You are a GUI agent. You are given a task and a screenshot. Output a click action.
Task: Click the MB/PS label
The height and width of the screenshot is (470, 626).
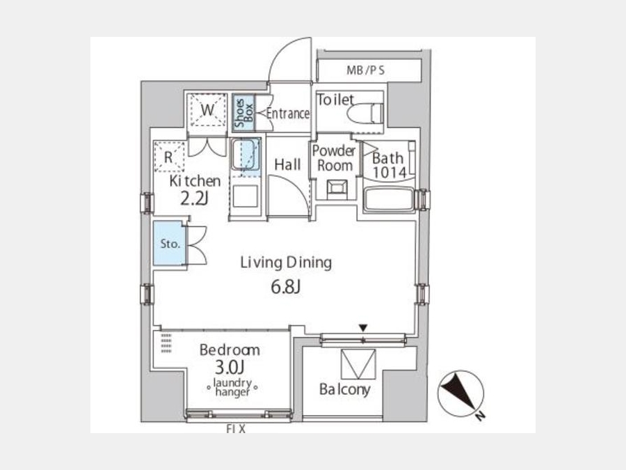pos(365,71)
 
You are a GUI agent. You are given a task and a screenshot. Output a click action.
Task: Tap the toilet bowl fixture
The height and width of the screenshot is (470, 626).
pos(365,113)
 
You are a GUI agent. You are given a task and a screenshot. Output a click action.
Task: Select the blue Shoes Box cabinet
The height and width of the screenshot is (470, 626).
pos(243,113)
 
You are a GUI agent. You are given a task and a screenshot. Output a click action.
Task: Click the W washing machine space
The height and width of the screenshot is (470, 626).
pos(207,109)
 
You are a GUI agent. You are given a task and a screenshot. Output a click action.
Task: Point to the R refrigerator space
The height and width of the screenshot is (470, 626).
pos(169,157)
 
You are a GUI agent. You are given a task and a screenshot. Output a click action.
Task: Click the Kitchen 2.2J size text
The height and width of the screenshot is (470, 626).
pos(195,198)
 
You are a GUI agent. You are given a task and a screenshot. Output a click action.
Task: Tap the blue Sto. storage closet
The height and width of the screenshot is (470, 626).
pos(170,243)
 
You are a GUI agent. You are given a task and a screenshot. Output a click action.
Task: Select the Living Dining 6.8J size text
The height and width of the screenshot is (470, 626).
pos(285,287)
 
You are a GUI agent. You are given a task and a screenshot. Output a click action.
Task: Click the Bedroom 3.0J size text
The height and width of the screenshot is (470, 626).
pos(230,367)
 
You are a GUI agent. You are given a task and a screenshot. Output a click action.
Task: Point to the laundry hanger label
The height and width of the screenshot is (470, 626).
pos(232,387)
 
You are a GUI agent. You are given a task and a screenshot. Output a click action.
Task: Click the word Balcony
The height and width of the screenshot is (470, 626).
pos(344,389)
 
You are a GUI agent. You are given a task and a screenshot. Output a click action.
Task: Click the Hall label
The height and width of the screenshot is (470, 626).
pos(287,164)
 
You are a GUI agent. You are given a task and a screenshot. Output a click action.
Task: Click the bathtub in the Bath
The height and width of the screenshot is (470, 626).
pos(388,199)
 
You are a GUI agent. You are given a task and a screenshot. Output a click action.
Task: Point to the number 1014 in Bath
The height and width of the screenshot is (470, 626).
pos(390,172)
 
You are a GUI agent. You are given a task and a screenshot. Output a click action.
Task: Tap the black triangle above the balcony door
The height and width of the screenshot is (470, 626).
pos(362,328)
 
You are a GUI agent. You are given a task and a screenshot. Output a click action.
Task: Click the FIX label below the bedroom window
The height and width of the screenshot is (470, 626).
pos(236,429)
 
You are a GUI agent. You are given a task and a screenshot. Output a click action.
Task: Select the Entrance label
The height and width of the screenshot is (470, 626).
pos(287,113)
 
